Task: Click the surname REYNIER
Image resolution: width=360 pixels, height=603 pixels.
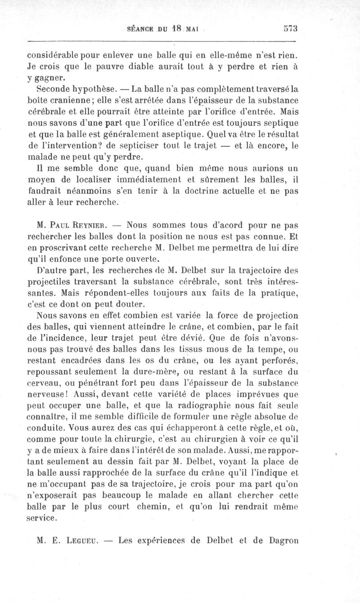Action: [95, 224]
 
